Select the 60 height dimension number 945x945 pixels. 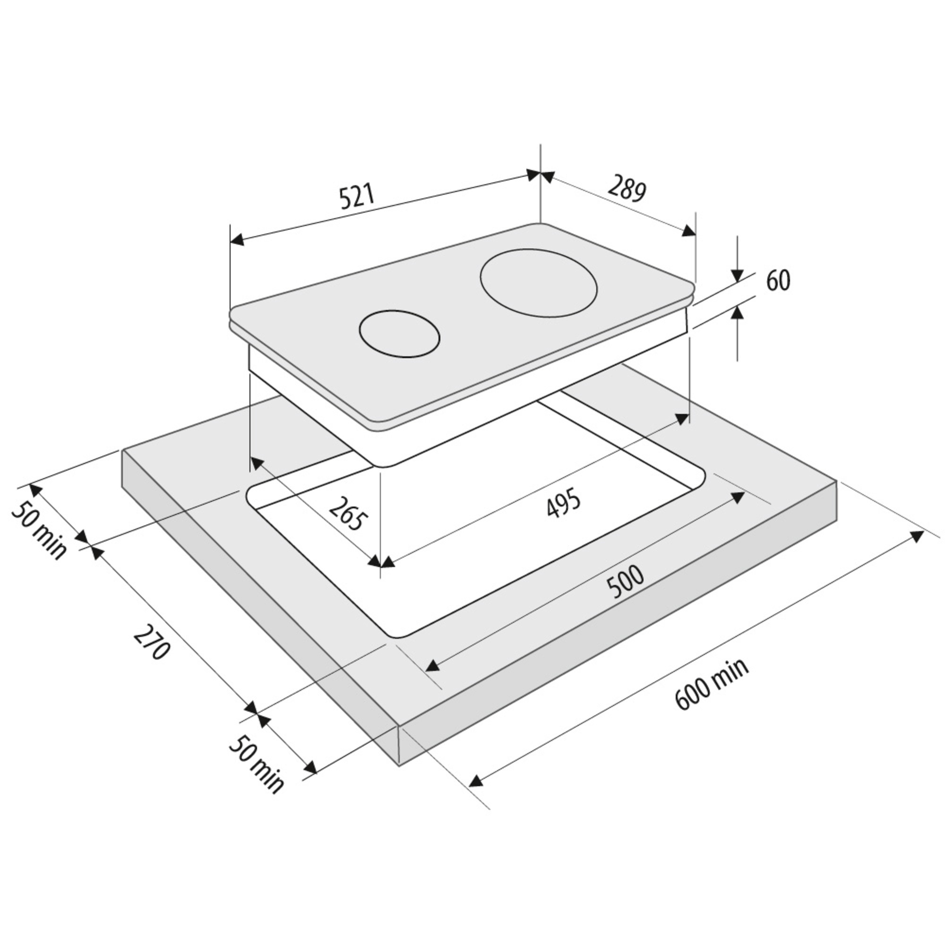click(778, 280)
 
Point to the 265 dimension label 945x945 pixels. click(347, 514)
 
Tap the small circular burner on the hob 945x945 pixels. click(399, 334)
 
